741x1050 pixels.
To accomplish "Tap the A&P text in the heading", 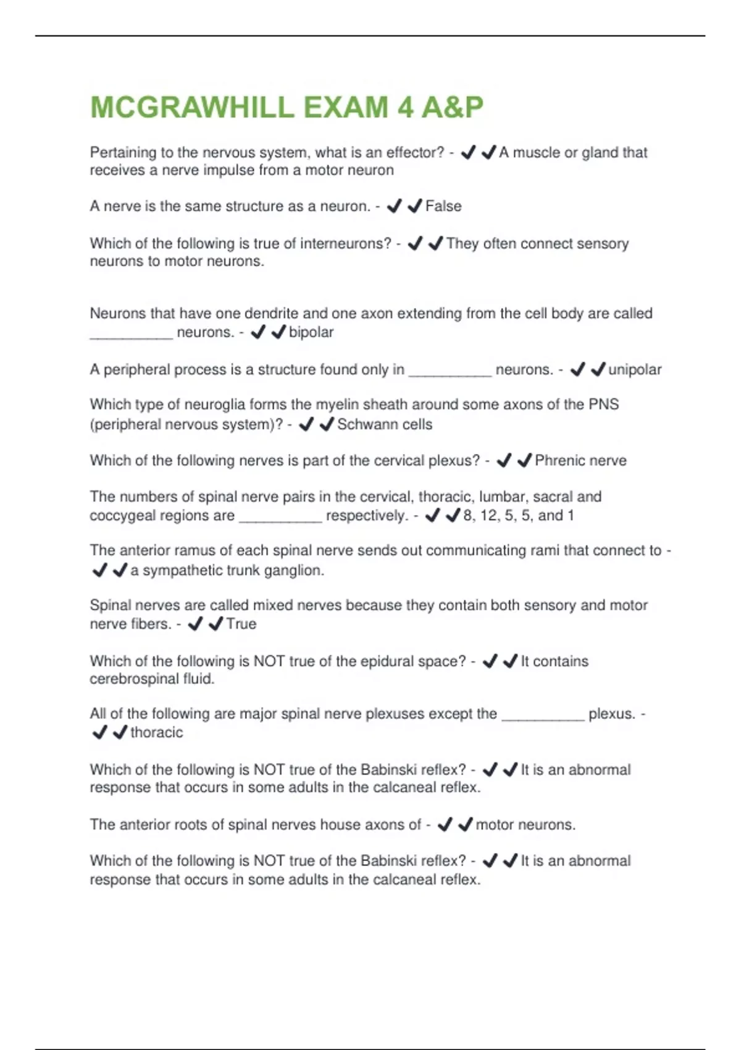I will [x=452, y=107].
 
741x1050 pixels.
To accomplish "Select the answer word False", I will [x=443, y=206].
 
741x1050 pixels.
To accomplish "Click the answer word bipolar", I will [x=311, y=332].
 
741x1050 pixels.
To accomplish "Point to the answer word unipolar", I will [x=635, y=370].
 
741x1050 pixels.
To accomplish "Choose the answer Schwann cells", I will [x=385, y=424].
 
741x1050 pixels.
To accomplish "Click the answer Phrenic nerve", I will [x=580, y=461].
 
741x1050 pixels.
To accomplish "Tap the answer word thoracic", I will [x=157, y=733].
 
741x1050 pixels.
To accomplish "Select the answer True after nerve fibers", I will [x=241, y=624].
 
